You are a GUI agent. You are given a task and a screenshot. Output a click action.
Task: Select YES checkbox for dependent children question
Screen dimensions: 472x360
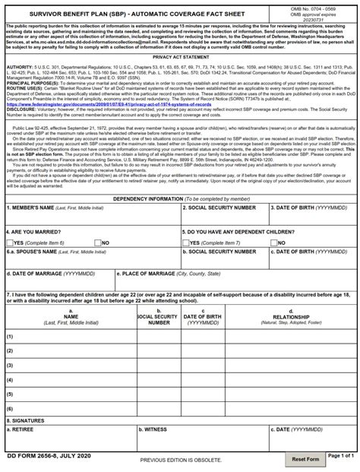(186, 241)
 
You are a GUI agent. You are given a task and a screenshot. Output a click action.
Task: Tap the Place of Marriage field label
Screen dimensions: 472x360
(159, 272)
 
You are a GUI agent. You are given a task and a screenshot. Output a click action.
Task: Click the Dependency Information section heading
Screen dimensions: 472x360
(179, 198)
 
